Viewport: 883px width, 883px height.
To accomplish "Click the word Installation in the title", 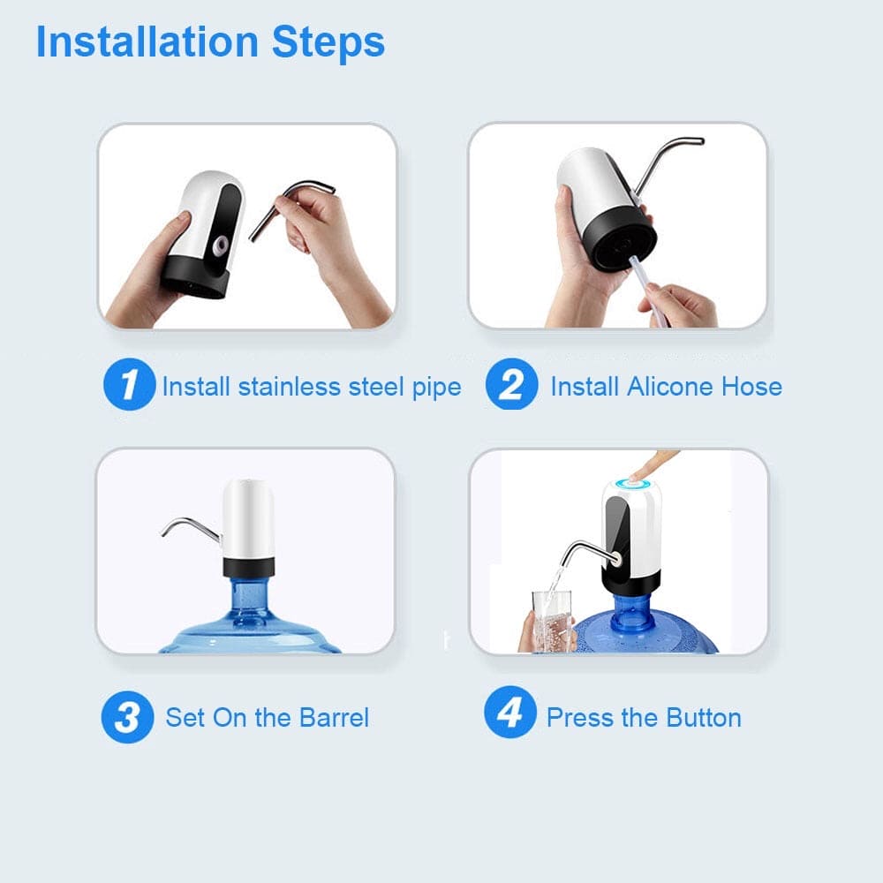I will point(147,42).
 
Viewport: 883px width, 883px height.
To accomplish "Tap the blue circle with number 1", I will point(129,386).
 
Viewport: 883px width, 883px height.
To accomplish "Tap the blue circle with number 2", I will point(510,386).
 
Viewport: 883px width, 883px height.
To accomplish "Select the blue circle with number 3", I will point(127,717).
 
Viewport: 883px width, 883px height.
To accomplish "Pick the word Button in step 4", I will point(701,717).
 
